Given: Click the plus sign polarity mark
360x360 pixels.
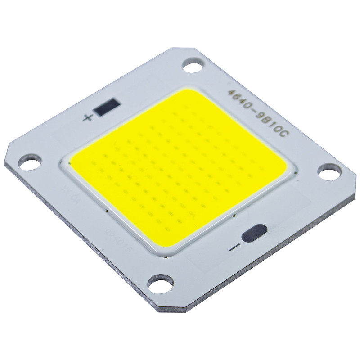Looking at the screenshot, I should [88, 119].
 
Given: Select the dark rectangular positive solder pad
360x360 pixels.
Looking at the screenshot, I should [107, 108].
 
